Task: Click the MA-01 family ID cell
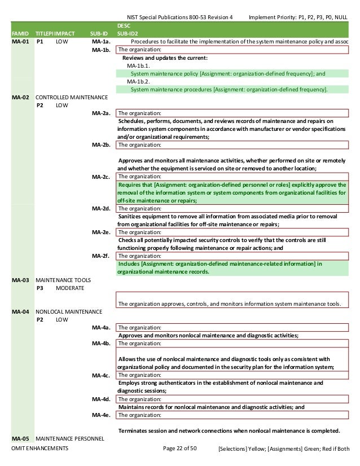coord(21,41)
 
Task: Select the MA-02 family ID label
coord(21,97)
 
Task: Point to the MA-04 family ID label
coord(21,311)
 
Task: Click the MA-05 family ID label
coord(21,438)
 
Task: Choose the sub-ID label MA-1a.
coord(100,41)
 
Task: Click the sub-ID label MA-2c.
coord(100,177)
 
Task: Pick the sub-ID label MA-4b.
coord(100,343)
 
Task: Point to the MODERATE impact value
coord(70,288)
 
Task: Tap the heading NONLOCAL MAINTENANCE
coord(69,311)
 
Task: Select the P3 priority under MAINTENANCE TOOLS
coord(40,288)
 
